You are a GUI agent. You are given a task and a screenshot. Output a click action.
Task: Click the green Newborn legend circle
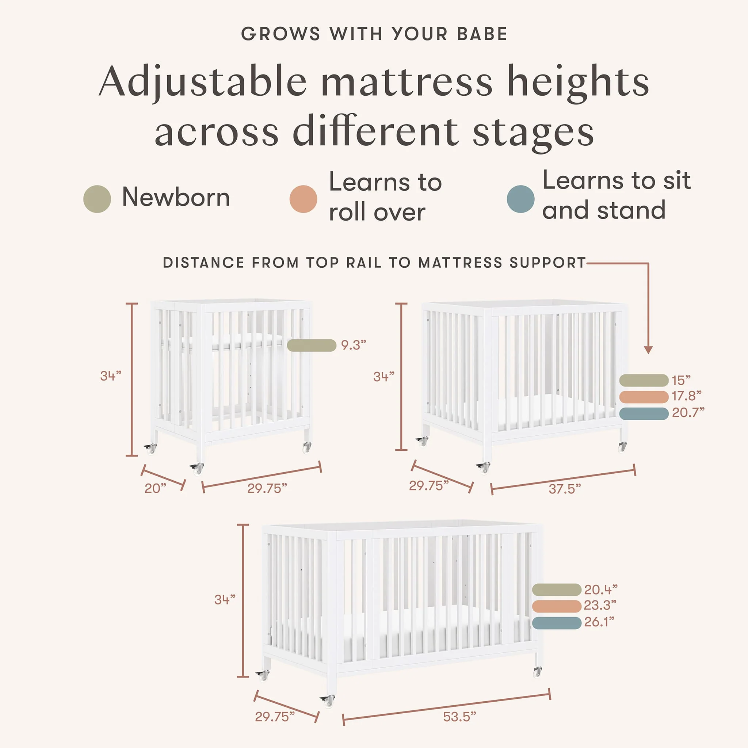[97, 199]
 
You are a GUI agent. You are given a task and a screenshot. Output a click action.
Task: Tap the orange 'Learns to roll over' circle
[304, 199]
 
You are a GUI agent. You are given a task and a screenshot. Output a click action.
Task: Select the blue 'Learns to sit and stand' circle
[521, 199]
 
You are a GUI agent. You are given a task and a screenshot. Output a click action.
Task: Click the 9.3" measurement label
[354, 345]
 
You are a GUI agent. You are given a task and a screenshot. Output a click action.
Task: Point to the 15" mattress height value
[681, 381]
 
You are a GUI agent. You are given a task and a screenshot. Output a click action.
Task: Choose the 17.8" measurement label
[686, 396]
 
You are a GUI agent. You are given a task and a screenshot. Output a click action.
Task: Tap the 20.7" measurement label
[688, 413]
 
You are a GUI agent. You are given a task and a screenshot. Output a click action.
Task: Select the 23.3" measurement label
[600, 605]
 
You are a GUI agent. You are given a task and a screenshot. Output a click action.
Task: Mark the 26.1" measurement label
[599, 622]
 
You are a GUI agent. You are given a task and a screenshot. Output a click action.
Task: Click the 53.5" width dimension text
[459, 717]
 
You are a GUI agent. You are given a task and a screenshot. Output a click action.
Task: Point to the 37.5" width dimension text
[565, 489]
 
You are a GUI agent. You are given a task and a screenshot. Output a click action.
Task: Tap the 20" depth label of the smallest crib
[155, 489]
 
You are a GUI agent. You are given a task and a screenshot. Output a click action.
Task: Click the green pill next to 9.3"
[312, 346]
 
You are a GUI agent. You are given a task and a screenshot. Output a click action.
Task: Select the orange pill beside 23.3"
[557, 606]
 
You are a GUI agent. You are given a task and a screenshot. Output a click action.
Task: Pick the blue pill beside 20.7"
[644, 413]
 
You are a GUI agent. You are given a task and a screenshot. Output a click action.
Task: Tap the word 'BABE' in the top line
[482, 34]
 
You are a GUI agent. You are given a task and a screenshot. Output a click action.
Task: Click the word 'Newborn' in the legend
[176, 197]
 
